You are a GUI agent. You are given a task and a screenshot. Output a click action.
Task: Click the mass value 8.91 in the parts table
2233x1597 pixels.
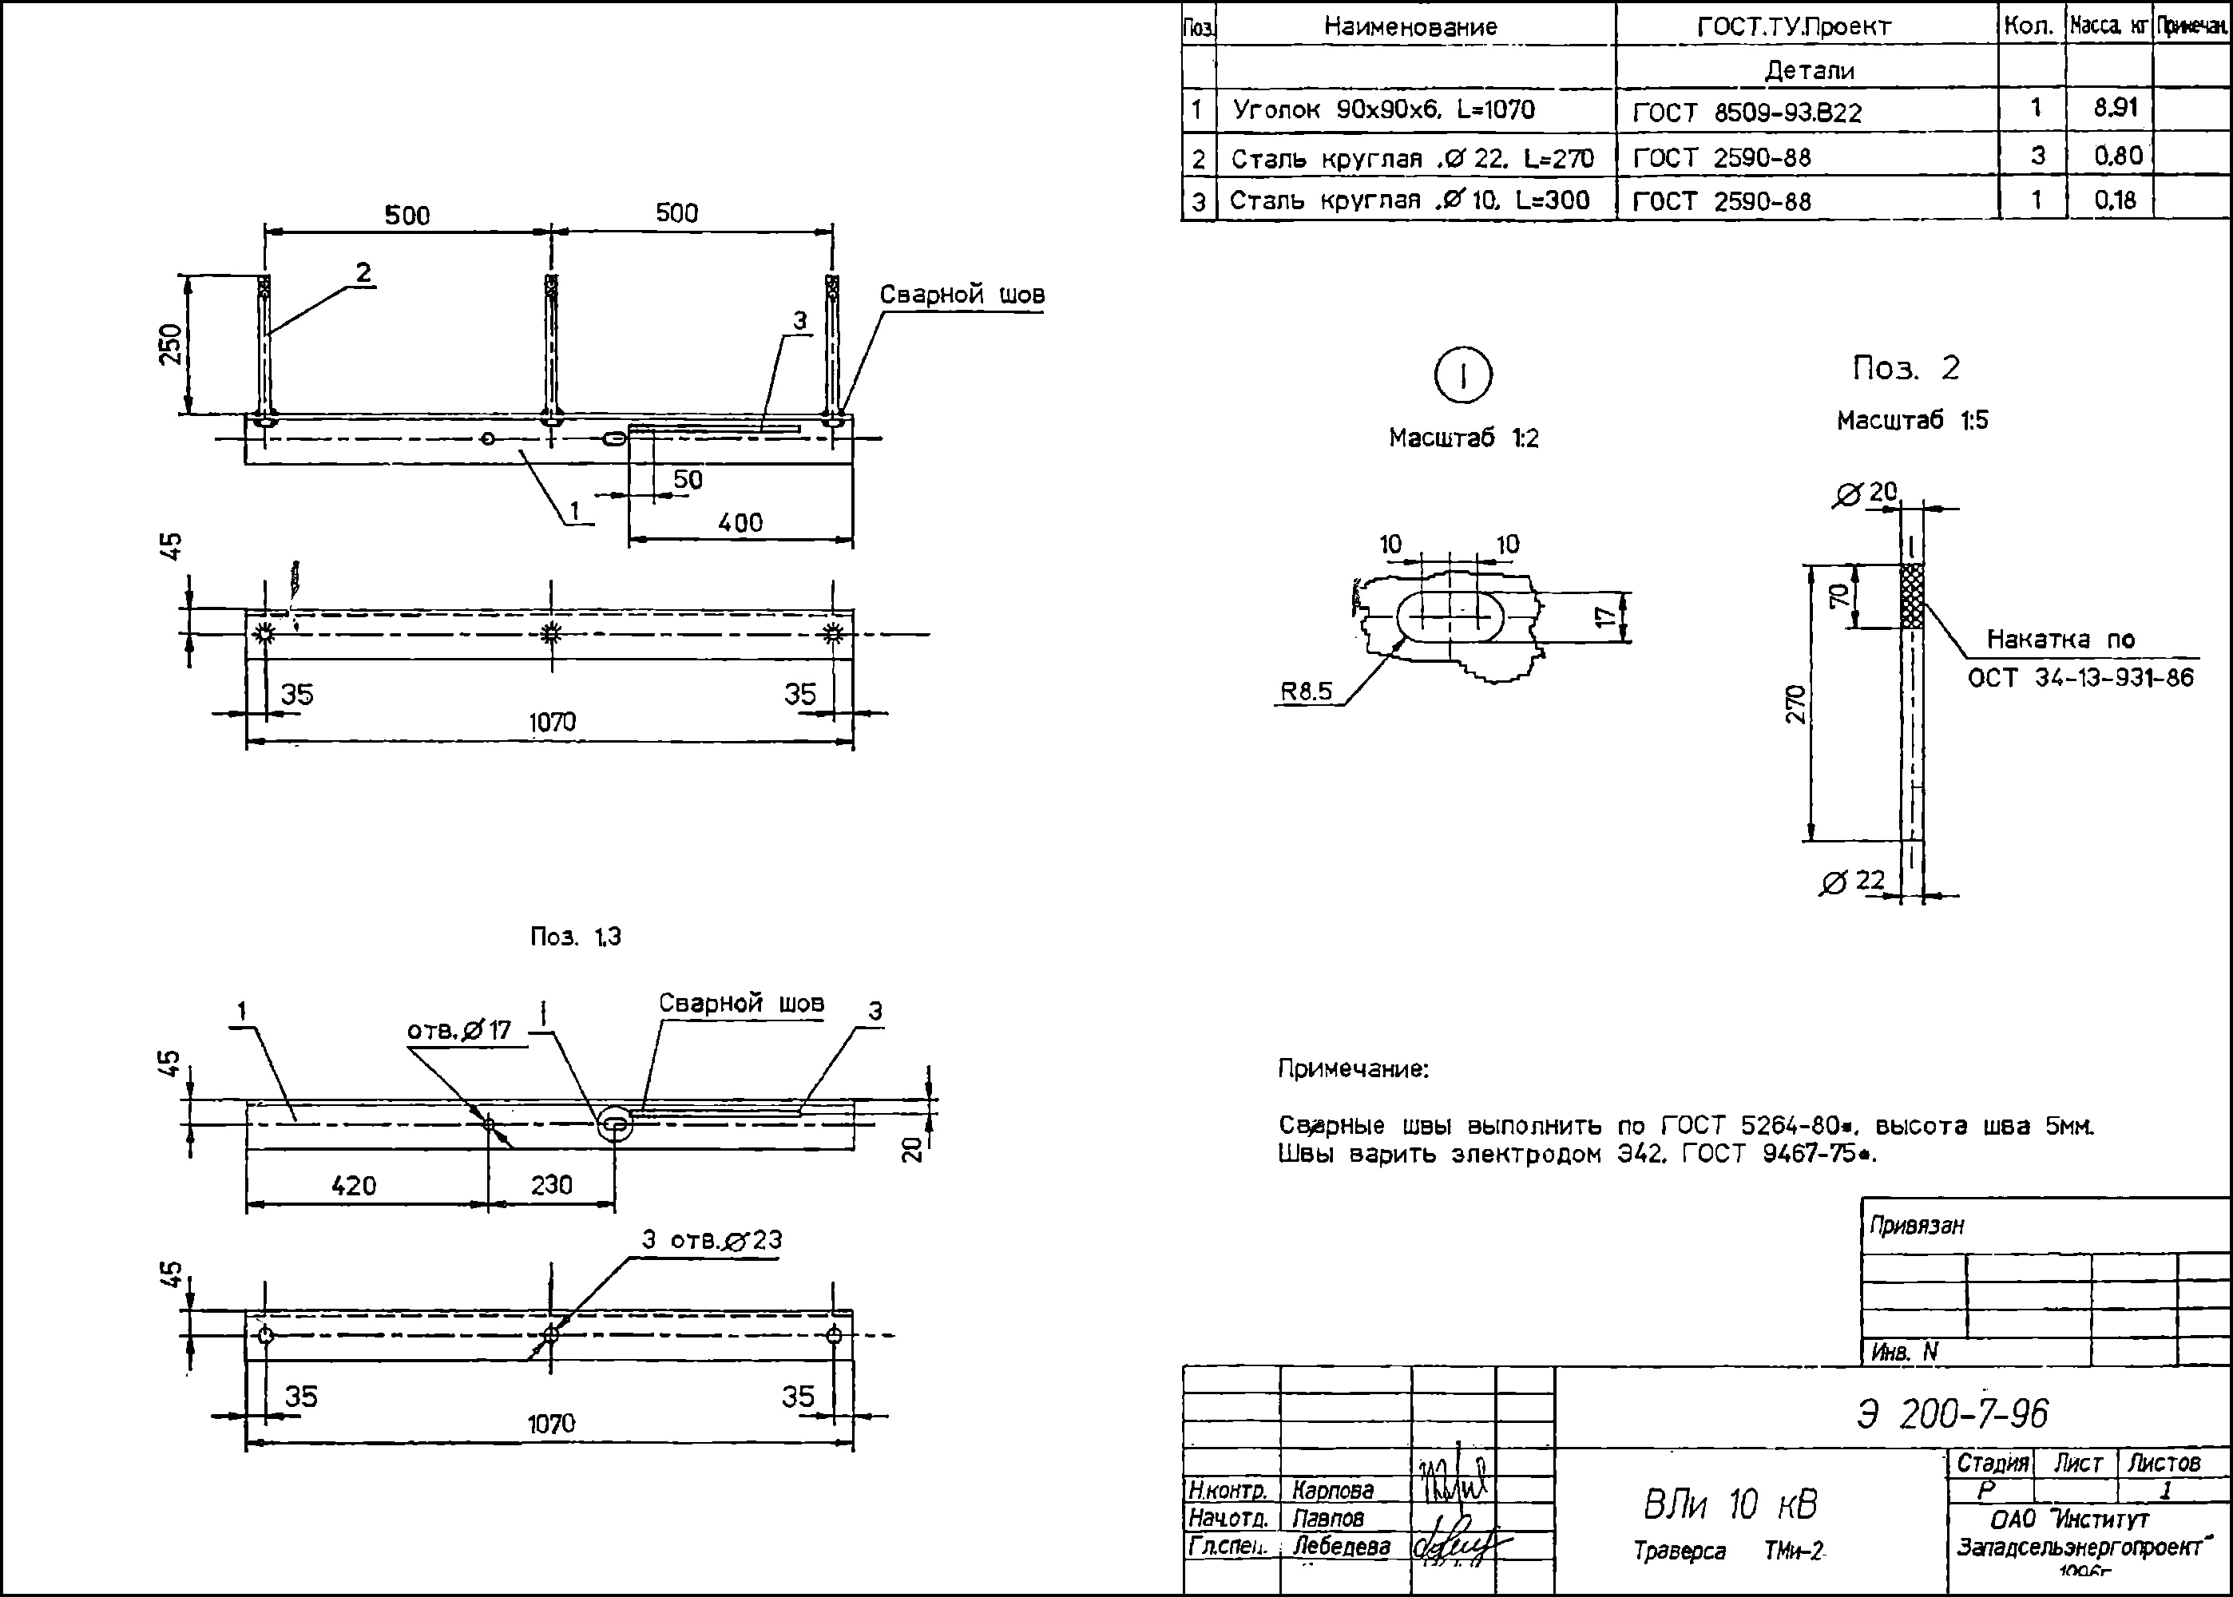2115,107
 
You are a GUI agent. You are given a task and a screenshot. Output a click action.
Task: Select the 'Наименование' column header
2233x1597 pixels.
1410,26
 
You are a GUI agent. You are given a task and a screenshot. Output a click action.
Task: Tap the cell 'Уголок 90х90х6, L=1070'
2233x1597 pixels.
1382,109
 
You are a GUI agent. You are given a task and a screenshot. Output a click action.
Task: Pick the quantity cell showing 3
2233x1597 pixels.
2037,156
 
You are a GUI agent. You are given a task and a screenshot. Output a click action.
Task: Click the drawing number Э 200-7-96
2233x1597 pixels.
1952,1414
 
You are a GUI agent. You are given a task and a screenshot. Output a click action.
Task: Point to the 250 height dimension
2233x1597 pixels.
171,344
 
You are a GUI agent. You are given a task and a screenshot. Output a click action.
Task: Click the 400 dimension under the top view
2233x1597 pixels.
740,522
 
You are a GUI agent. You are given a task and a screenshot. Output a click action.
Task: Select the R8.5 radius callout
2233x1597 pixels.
1306,692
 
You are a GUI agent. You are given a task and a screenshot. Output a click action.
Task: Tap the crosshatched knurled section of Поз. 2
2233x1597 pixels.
1910,596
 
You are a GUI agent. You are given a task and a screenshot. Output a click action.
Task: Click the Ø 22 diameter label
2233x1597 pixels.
1853,881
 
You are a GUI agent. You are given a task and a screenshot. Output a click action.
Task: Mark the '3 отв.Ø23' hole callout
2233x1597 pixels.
712,1240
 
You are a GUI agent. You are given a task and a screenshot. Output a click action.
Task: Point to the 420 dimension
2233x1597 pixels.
353,1185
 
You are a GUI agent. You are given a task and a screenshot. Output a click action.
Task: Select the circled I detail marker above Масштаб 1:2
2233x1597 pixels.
1463,375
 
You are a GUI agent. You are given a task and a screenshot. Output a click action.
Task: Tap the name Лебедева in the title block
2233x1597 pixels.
1341,1546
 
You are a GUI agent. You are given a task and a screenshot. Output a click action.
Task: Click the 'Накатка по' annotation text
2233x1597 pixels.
2060,639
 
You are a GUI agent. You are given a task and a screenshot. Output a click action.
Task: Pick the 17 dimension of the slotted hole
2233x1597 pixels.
1604,616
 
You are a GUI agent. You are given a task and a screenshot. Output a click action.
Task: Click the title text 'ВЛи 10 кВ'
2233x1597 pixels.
1731,1504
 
